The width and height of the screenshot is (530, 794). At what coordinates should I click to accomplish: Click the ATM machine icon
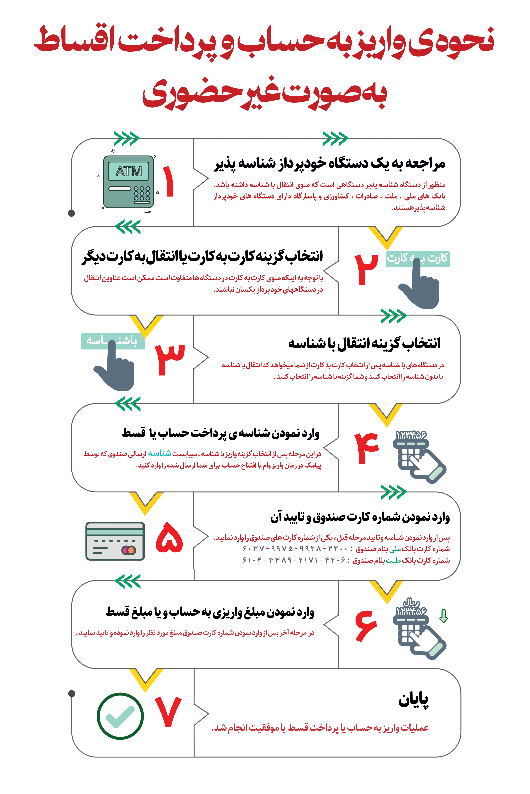[x=128, y=182]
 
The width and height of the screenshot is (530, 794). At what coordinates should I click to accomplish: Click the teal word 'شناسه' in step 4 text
[x=160, y=453]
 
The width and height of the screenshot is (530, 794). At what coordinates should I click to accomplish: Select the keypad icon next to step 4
[x=419, y=458]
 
